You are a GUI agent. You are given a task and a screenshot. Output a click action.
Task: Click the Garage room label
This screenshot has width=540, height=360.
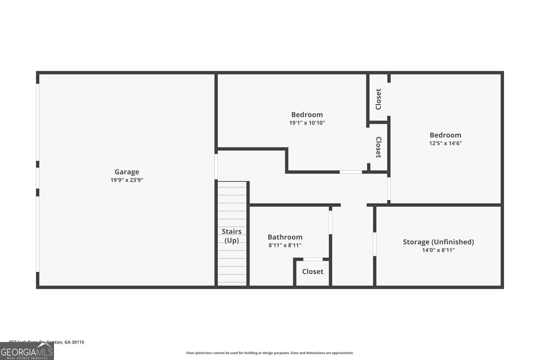[x=127, y=172]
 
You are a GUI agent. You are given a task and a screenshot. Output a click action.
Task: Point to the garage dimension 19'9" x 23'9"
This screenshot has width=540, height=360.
[x=127, y=180]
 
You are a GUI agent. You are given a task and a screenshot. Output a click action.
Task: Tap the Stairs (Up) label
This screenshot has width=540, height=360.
[x=231, y=236]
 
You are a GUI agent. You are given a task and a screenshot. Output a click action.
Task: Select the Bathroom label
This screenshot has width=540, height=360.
[x=285, y=237]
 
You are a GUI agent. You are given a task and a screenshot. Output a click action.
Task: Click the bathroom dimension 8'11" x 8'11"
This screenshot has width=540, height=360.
[x=285, y=246]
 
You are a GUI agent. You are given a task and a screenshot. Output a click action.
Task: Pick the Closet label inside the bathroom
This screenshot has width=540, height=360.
[x=312, y=272]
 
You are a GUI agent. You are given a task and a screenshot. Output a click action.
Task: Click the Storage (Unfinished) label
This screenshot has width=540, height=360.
[x=438, y=242]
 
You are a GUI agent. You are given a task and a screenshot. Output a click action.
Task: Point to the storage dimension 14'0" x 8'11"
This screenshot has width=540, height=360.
[x=438, y=250]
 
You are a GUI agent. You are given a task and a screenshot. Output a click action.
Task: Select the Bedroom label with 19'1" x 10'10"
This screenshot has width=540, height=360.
[x=307, y=115]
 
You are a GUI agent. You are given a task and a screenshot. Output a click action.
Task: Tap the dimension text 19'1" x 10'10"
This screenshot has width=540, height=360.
[x=307, y=123]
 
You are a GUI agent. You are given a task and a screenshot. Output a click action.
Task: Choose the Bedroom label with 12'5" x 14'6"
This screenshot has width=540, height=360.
[x=445, y=135]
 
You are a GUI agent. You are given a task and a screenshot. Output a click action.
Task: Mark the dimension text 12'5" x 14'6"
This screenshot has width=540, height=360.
[x=445, y=143]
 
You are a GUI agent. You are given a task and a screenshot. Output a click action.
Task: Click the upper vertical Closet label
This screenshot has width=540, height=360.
[x=378, y=99]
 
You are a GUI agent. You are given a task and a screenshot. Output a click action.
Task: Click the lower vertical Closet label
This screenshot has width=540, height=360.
[x=378, y=147]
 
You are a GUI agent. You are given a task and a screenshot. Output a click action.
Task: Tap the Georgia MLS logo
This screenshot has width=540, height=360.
[x=27, y=351]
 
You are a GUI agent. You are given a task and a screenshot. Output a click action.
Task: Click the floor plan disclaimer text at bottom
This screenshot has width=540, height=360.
[x=270, y=353]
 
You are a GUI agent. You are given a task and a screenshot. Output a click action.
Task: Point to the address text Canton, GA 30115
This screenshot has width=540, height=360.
[x=65, y=342]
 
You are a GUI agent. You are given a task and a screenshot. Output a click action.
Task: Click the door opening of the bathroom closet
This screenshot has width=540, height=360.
[x=313, y=259]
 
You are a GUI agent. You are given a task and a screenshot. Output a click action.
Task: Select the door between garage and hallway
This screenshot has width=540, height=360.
[x=216, y=167]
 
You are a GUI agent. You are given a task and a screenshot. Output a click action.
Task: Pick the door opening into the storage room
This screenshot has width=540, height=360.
[x=374, y=244]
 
